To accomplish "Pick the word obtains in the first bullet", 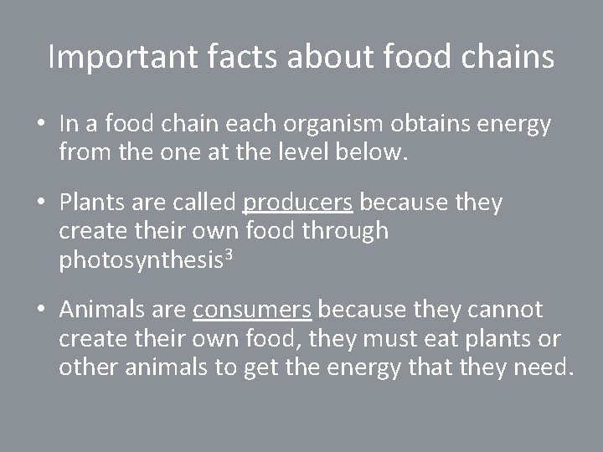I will pyautogui.click(x=430, y=125).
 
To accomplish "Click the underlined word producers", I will pyautogui.click(x=298, y=203).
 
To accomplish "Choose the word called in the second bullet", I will pyautogui.click(x=202, y=203).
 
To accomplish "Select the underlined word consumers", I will pyautogui.click(x=252, y=311).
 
